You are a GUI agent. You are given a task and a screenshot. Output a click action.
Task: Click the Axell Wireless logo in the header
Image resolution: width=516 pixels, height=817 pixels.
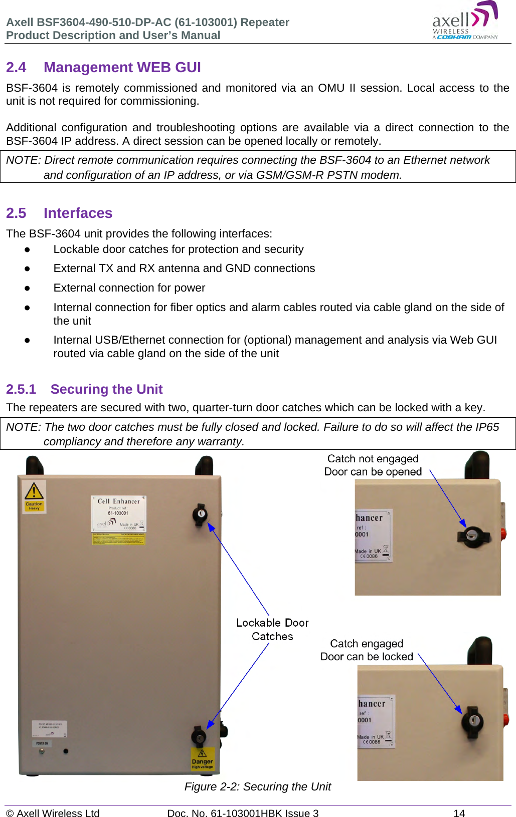[465, 22]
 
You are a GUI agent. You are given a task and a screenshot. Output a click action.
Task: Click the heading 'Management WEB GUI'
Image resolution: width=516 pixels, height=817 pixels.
[122, 68]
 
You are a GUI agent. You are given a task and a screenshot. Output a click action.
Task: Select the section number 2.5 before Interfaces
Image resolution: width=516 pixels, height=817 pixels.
[16, 213]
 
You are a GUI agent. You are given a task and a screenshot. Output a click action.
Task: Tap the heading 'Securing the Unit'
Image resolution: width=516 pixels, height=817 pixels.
[106, 389]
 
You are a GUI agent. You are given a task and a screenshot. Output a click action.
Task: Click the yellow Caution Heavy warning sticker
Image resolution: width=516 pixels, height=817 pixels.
[34, 496]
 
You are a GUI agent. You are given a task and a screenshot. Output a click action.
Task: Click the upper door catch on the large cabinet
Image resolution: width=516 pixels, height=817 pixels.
[200, 514]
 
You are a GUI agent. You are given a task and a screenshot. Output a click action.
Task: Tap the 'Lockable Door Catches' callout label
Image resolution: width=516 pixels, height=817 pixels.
[272, 629]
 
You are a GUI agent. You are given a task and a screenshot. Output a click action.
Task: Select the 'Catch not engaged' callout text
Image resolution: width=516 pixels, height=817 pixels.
[373, 459]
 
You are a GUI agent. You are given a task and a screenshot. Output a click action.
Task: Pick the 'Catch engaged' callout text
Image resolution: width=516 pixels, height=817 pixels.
[367, 644]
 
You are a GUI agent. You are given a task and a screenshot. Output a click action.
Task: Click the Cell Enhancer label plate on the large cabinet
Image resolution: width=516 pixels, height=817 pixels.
[119, 513]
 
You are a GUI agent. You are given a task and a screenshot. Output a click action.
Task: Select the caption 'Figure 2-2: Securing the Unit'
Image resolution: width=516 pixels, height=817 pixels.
[257, 787]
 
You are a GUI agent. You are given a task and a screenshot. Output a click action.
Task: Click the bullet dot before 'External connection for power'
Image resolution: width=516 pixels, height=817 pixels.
[28, 288]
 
